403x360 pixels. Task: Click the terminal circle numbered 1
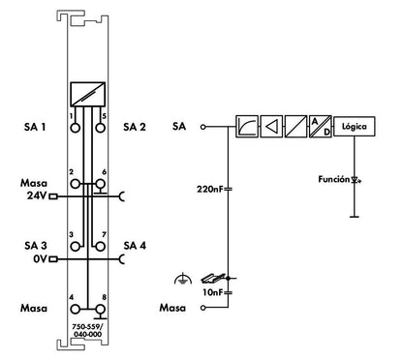[x=75, y=128]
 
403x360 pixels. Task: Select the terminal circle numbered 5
[x=101, y=128]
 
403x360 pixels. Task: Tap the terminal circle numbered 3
[x=76, y=247]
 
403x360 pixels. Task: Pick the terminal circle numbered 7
[x=101, y=247]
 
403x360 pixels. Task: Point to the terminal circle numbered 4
[x=76, y=310]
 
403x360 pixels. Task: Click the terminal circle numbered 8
[x=101, y=310]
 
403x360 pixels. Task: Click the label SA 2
[x=135, y=127]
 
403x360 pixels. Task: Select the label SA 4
[x=135, y=246]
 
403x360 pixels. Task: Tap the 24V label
[x=37, y=195]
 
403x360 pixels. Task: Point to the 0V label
[x=41, y=258]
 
